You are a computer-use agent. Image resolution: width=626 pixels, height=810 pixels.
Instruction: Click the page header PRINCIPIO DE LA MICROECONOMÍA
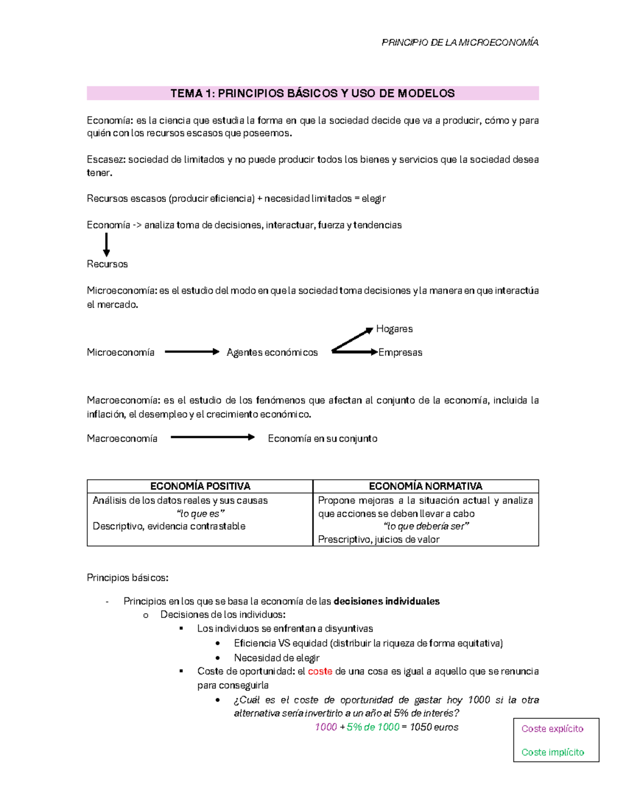(460, 42)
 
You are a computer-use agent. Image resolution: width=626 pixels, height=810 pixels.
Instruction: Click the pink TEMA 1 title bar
(312, 93)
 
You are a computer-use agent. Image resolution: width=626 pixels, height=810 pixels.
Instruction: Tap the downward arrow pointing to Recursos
(106, 245)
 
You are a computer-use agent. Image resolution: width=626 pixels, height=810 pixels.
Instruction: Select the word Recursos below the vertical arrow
(107, 264)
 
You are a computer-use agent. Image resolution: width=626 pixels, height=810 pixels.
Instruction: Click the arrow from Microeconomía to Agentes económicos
(191, 352)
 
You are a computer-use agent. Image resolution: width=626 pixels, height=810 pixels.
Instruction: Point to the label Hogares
(394, 329)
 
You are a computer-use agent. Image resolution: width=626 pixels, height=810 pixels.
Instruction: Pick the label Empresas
(400, 353)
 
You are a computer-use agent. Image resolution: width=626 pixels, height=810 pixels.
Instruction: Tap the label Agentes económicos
(272, 353)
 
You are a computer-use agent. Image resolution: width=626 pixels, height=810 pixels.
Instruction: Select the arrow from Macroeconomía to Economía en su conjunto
(212, 437)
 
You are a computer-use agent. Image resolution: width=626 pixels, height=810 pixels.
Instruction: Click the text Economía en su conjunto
(322, 439)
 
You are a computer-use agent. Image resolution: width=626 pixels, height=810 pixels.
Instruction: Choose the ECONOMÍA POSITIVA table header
(200, 486)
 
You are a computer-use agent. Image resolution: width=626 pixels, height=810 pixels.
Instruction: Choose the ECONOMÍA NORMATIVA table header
(425, 486)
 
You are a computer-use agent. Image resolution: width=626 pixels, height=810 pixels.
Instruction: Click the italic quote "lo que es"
(200, 513)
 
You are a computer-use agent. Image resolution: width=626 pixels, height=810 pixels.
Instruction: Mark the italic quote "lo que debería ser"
(426, 526)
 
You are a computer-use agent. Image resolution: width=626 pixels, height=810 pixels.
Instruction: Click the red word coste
(320, 671)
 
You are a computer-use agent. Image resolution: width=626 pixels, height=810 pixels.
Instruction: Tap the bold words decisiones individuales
(386, 601)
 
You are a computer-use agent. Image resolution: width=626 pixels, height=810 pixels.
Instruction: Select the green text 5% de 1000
(372, 727)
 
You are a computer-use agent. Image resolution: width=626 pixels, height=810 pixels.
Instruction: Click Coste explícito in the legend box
(552, 729)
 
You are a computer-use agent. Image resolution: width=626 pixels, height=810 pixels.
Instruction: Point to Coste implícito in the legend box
(552, 752)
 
